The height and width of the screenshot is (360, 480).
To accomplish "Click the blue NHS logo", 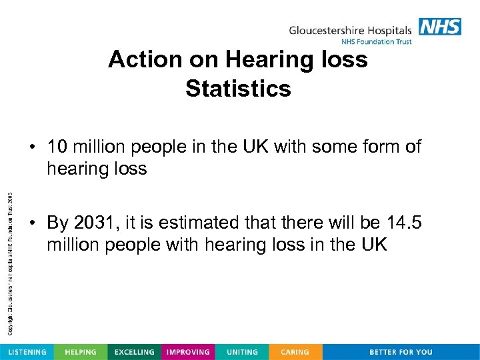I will click(440, 27).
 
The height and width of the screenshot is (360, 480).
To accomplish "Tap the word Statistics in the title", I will click(239, 89).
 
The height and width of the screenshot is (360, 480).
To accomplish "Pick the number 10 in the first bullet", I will click(58, 146).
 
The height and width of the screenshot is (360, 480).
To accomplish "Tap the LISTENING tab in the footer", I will click(27, 352).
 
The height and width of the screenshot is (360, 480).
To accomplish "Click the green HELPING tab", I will click(80, 352).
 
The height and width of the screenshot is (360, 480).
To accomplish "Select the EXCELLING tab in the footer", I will click(134, 352).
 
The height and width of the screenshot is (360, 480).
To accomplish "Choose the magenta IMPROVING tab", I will click(188, 352).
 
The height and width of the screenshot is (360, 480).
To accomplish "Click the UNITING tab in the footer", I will click(242, 352).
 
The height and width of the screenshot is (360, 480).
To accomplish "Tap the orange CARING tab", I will click(295, 352).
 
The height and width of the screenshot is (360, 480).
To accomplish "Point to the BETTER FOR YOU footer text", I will click(401, 352).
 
